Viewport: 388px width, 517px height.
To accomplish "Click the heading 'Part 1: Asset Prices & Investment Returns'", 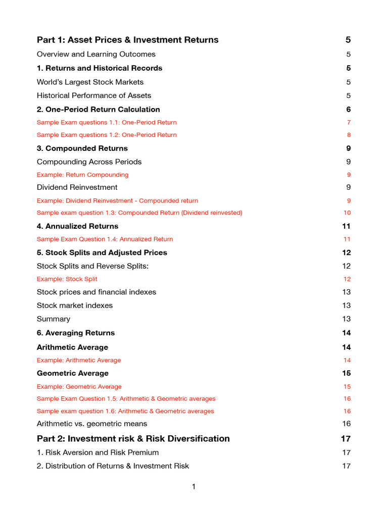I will pos(127,40).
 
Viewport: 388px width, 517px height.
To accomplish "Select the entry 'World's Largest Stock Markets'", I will pos(90,82).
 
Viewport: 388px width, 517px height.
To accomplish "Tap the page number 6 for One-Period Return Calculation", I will pos(348,110).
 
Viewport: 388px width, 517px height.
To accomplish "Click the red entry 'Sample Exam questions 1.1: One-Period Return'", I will pos(107,122).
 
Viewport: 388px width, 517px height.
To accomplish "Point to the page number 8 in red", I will pos(349,135).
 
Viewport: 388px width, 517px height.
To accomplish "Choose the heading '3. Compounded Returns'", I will pos(82,148).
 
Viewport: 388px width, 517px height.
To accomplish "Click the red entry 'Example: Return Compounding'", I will pos(82,175).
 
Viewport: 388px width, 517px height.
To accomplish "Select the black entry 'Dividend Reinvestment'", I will pos(77,187).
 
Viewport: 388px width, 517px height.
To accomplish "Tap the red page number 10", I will pos(347,213).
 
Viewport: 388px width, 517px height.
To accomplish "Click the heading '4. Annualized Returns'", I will pos(77,226).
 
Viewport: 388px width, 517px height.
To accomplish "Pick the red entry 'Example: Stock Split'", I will pos(67,279).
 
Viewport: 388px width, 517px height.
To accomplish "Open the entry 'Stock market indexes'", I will pos(75,305).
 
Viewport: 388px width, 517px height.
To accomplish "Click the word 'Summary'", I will pos(54,319).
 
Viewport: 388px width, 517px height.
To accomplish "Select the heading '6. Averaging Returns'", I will pos(76,333).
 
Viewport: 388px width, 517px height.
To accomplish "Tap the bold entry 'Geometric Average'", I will pos(73,373).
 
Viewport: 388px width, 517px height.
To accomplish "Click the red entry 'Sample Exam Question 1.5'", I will pos(126,398).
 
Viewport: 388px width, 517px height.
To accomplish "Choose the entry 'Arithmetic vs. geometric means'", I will pos(92,424).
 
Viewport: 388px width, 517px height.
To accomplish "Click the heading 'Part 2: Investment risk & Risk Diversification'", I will pos(133,439).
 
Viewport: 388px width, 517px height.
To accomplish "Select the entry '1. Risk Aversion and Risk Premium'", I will pos(98,452).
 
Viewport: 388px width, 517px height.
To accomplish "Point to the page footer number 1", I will pos(193,487).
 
